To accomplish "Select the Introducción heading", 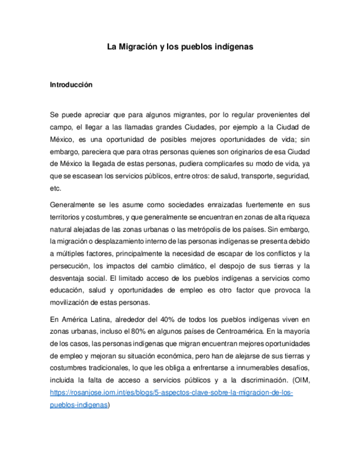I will click(71, 85).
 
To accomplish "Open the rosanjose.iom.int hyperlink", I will click(171, 393).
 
